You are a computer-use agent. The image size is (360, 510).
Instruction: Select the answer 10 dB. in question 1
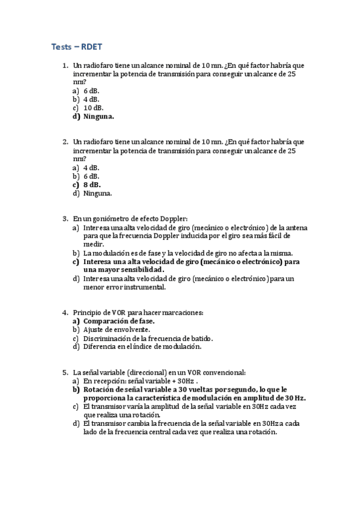(x=93, y=108)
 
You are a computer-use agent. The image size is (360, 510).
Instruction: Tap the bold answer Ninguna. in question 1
(x=99, y=117)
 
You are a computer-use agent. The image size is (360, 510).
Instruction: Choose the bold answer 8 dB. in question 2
(x=92, y=185)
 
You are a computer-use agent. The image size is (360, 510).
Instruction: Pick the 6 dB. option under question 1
(x=91, y=90)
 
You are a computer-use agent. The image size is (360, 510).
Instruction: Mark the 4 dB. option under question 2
(x=91, y=167)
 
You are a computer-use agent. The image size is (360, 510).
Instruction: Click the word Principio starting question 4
(x=88, y=312)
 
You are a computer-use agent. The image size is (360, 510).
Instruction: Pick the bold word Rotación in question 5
(x=99, y=390)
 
